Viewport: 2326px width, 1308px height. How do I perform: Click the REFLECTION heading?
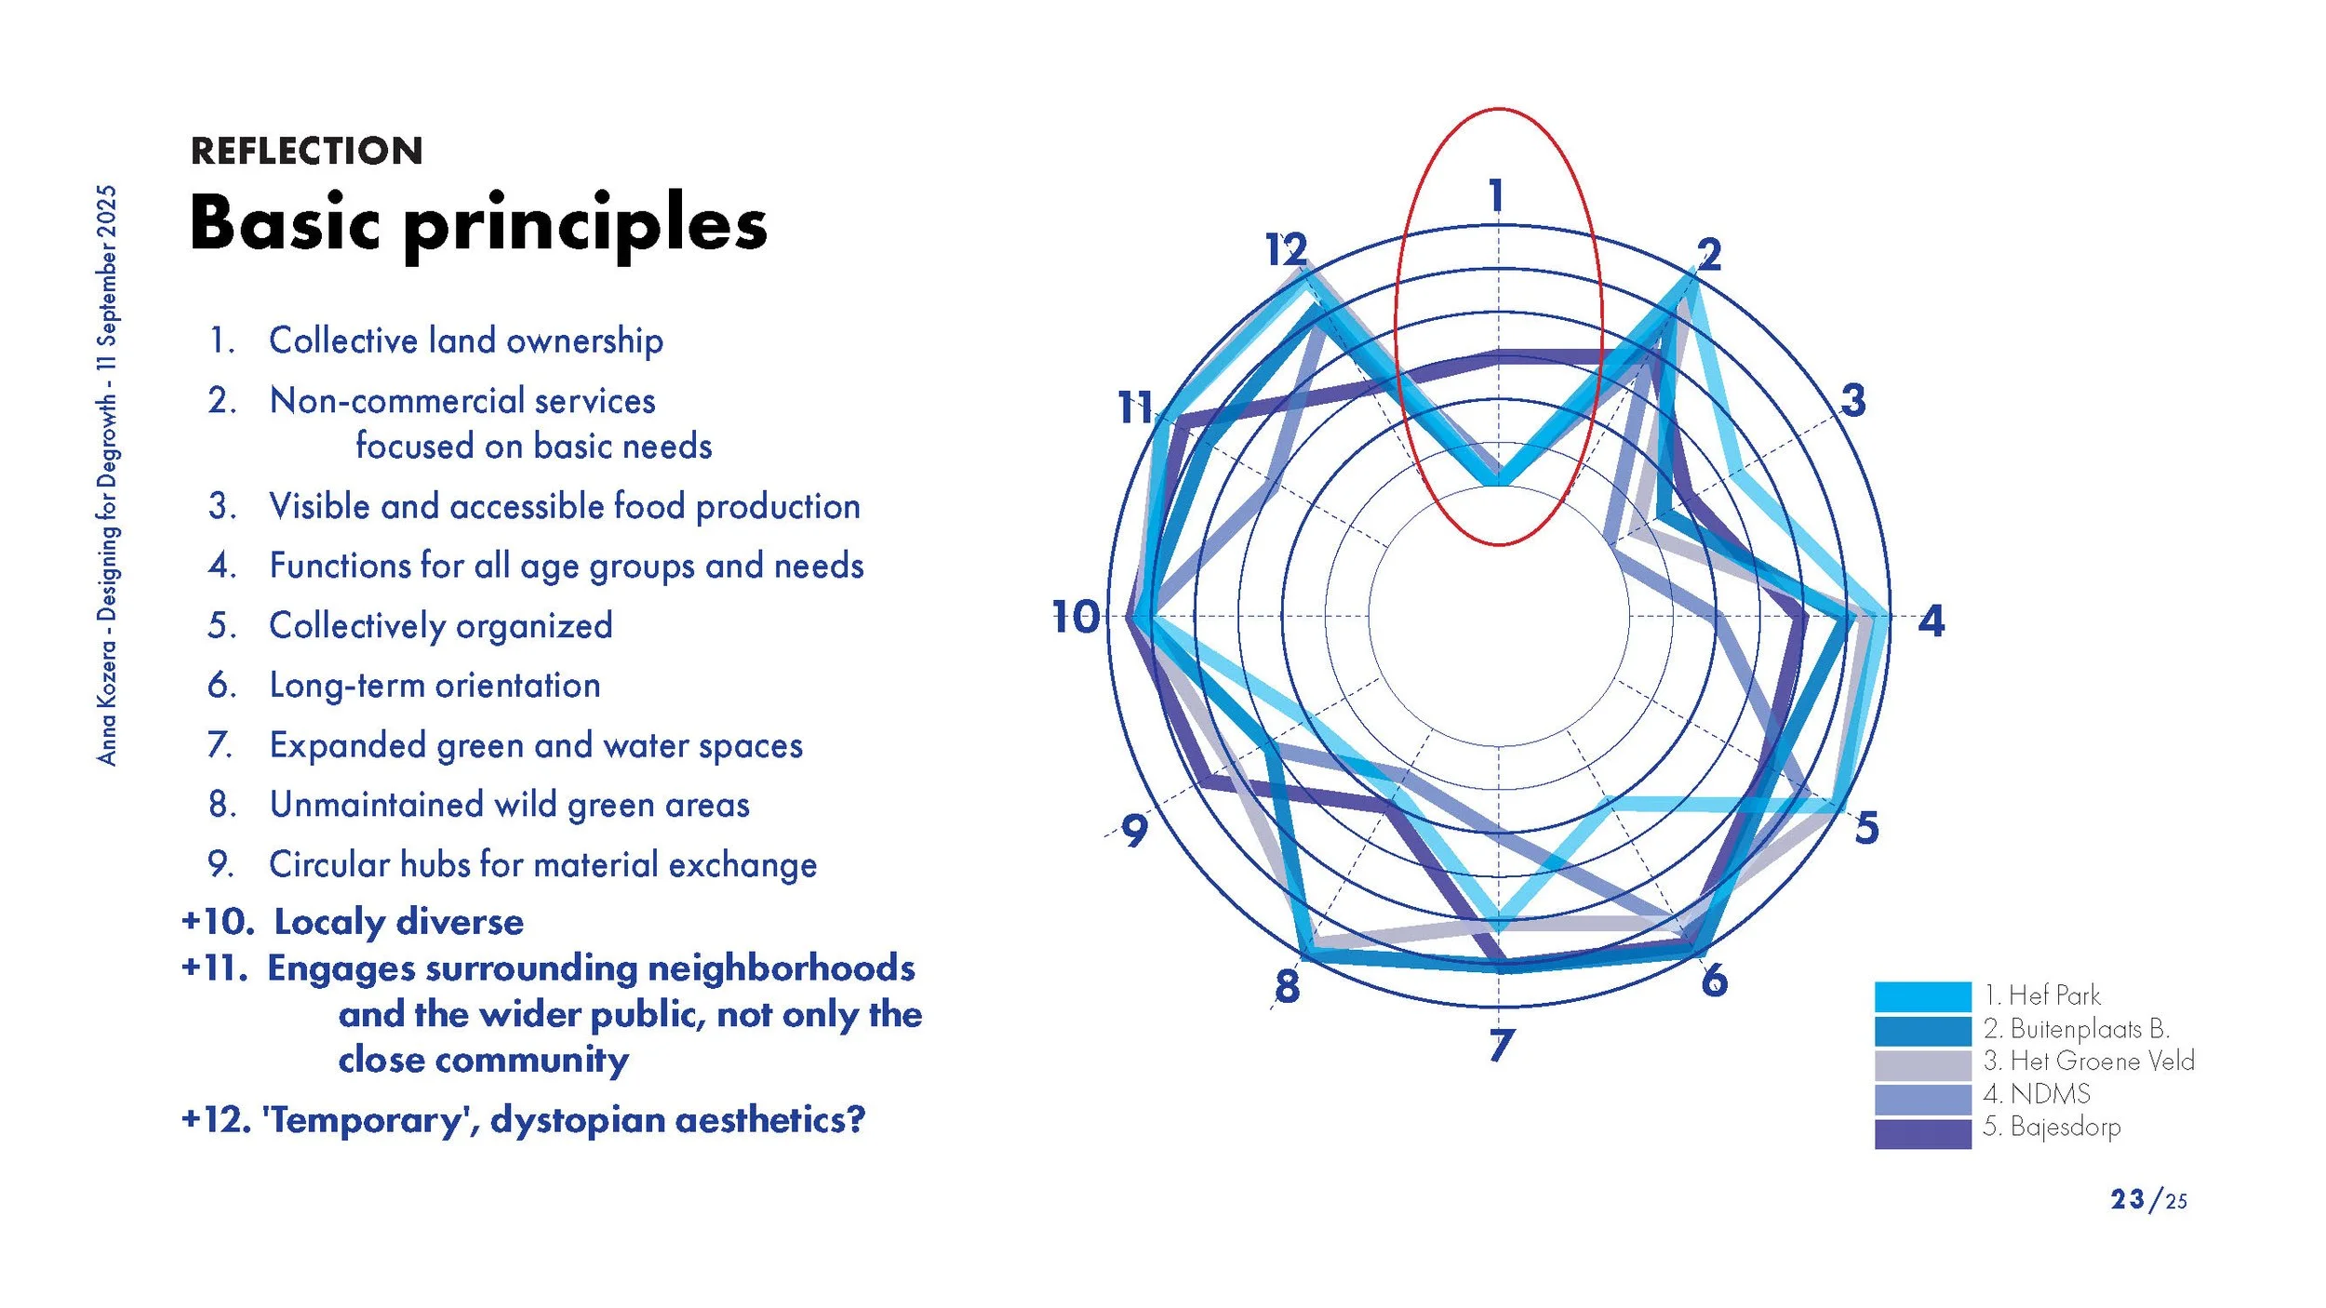(306, 151)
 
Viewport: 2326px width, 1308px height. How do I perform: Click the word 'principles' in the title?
(585, 226)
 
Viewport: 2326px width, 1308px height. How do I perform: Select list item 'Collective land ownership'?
(465, 340)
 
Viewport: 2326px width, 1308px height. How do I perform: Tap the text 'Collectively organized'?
(440, 625)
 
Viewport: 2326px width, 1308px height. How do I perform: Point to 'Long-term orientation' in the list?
(434, 686)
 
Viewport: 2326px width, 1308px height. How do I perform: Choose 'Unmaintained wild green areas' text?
(509, 805)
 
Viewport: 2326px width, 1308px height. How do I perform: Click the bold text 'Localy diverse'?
(398, 922)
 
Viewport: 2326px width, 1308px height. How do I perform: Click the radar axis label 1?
(1496, 196)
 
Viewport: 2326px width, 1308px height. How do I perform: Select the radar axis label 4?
(1931, 621)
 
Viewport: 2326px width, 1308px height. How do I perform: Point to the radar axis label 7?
(1501, 1046)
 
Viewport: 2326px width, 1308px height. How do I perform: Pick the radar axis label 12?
(1287, 249)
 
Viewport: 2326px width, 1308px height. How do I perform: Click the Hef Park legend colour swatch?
(1922, 996)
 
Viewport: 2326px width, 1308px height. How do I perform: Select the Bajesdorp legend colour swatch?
(1922, 1133)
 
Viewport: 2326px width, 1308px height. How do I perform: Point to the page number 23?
(2127, 1200)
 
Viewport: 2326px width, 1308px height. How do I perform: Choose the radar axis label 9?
(1134, 831)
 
